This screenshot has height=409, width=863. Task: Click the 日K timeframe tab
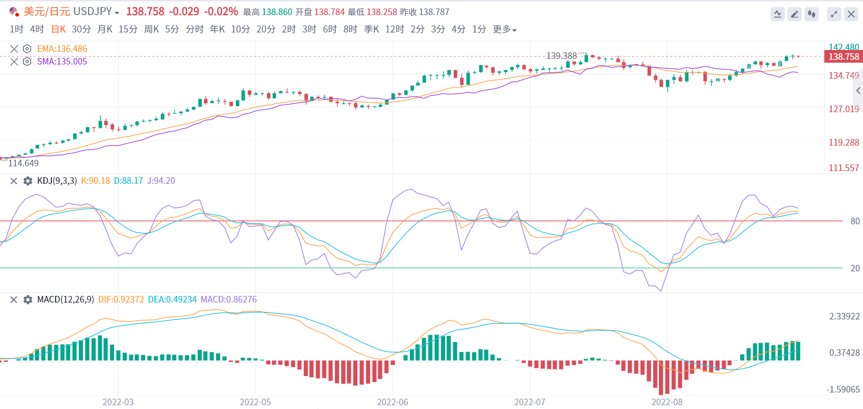click(58, 29)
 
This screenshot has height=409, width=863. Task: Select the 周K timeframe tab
click(151, 29)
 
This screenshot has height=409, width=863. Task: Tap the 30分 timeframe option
click(81, 29)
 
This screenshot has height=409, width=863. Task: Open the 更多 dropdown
click(505, 29)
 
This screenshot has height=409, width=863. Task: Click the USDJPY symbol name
click(92, 11)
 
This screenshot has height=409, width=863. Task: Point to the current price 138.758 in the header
click(145, 11)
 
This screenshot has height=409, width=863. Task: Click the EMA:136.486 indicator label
click(62, 49)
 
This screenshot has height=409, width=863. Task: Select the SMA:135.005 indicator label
click(62, 61)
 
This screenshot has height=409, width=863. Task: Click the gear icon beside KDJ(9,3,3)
click(28, 181)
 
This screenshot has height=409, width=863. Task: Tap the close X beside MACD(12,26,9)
click(14, 300)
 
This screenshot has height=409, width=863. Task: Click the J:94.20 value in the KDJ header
click(161, 180)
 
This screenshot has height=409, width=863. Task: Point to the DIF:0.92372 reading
click(121, 299)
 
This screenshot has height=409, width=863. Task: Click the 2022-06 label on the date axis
click(392, 402)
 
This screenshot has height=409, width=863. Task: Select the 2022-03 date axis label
click(118, 402)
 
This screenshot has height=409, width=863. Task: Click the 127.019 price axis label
click(844, 109)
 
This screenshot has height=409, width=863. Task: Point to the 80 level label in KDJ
click(855, 221)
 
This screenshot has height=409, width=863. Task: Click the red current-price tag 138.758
click(844, 57)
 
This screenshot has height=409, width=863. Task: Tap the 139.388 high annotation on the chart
click(561, 56)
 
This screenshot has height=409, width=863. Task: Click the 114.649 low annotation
click(23, 163)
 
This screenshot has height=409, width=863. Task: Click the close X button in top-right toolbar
click(851, 14)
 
